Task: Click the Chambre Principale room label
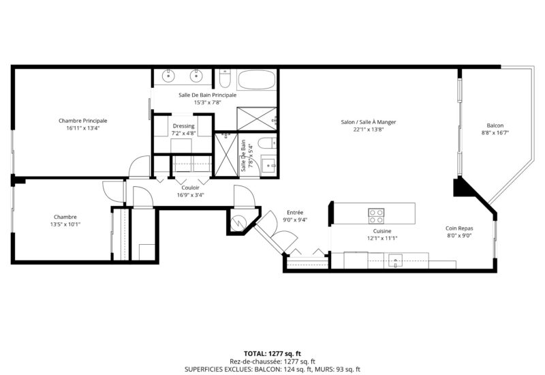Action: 82,121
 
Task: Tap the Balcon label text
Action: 495,125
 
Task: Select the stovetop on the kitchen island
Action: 376,216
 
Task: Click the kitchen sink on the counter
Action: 395,261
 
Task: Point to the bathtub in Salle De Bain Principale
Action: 257,80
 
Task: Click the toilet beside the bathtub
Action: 225,78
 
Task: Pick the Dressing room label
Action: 183,126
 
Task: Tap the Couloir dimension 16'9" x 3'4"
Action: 191,195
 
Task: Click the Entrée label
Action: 295,213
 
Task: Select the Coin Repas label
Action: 459,228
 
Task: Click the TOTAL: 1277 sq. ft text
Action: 272,354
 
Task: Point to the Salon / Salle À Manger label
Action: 369,122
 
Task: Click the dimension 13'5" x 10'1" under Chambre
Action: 65,224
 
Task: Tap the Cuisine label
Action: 382,231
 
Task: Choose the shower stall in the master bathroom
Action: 257,119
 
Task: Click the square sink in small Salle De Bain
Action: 268,166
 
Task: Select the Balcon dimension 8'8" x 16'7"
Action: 495,132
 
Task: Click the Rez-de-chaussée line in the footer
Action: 272,362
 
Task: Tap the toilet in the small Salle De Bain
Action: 268,143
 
